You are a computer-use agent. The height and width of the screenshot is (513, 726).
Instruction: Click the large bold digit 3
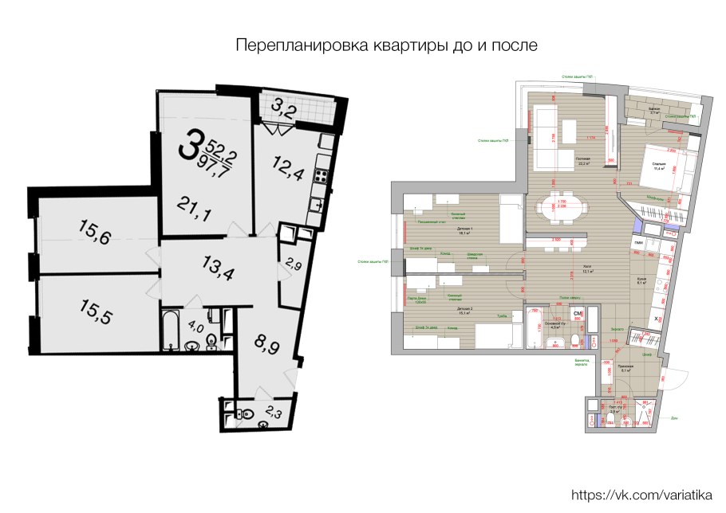(x=189, y=145)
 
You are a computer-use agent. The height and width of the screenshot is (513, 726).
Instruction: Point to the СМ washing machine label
(x=578, y=315)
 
